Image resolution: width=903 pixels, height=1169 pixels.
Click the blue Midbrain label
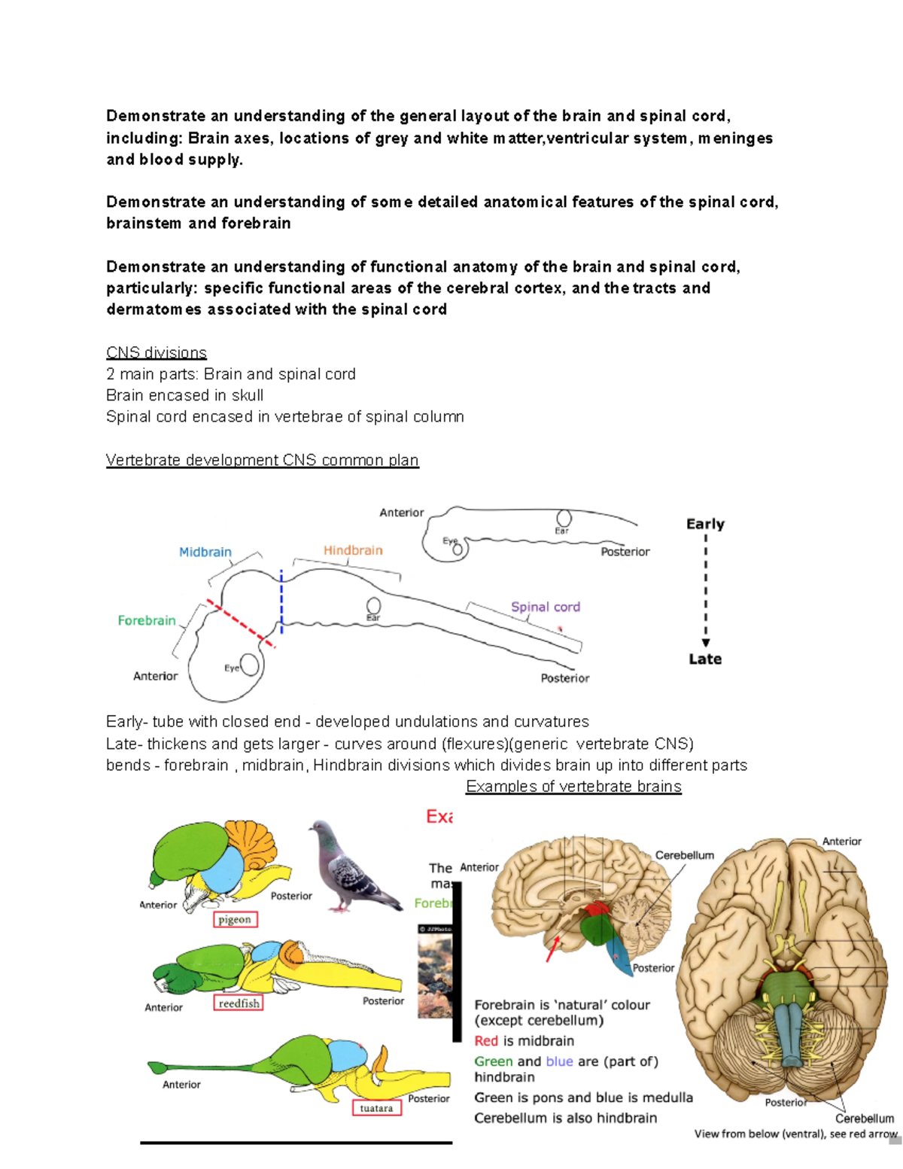(205, 553)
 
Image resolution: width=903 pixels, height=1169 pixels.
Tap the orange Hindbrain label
(353, 551)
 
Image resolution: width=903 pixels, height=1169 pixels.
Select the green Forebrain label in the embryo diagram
(147, 620)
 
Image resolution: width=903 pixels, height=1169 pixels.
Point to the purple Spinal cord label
(546, 607)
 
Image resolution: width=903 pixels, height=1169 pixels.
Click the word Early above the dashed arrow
(705, 524)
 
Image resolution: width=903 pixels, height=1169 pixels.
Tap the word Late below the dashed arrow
(705, 659)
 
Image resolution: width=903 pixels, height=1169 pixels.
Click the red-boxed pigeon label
(235, 919)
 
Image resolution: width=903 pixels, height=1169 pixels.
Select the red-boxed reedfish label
(239, 1003)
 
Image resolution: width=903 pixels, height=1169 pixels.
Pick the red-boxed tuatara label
(376, 1108)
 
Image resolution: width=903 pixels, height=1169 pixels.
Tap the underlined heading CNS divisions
(157, 353)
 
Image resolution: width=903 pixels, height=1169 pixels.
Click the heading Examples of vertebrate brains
(573, 787)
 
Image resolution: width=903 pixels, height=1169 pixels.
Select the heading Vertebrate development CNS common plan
(262, 460)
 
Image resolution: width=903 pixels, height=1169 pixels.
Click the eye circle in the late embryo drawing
(249, 665)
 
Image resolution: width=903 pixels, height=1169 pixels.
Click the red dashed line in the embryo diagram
(241, 624)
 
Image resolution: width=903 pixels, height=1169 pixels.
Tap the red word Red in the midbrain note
(486, 1041)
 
